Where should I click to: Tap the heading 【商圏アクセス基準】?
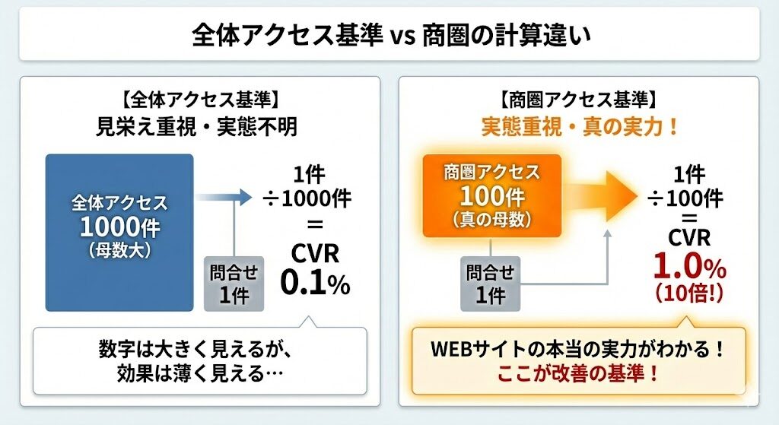click(x=577, y=100)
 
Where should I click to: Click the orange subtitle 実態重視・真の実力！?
click(x=580, y=126)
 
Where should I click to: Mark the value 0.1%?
click(x=314, y=283)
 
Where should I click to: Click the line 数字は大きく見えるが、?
click(x=196, y=350)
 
